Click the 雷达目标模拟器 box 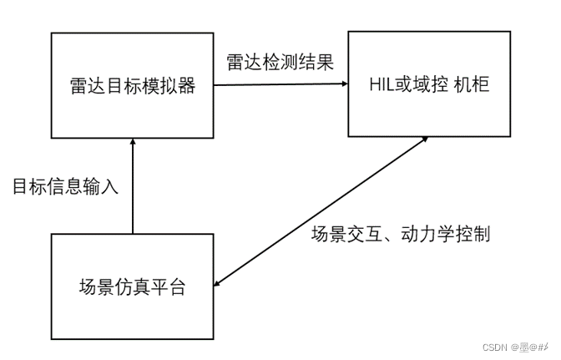coord(133,85)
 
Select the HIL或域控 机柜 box coord(429,84)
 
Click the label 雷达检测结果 coord(280,62)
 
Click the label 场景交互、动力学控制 coord(400,234)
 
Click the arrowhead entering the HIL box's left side coord(341,84)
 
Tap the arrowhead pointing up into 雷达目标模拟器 coord(133,145)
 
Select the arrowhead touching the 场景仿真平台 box coord(221,282)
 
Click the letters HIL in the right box coord(382,84)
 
